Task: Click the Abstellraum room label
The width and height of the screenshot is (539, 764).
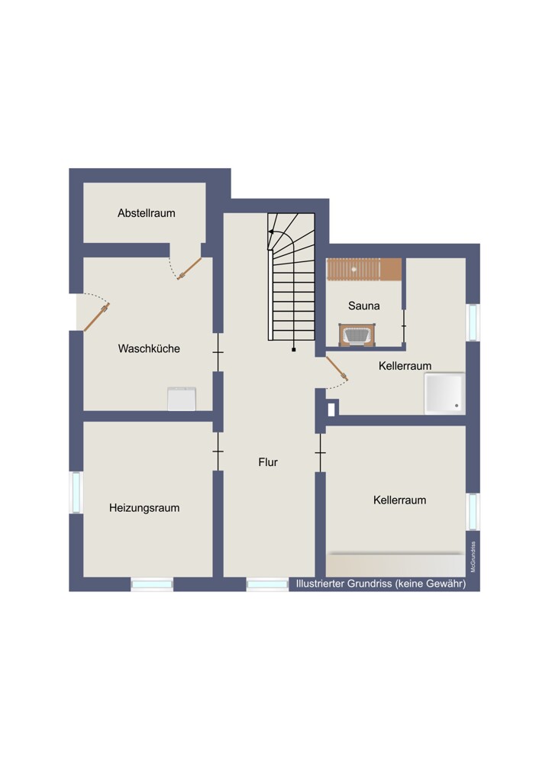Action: click(x=146, y=213)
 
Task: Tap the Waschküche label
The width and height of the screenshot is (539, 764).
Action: click(x=149, y=348)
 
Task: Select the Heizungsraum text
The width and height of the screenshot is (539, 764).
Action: click(x=144, y=508)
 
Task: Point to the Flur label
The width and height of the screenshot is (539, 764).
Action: click(x=268, y=462)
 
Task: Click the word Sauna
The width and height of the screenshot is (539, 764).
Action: click(x=363, y=306)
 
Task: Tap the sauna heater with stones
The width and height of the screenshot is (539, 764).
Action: click(x=358, y=335)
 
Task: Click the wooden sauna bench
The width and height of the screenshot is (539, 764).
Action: click(x=364, y=270)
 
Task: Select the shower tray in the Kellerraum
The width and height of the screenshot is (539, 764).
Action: click(x=444, y=393)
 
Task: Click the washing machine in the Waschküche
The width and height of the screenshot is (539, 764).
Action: click(x=182, y=399)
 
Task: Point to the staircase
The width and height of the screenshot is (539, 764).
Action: click(x=291, y=277)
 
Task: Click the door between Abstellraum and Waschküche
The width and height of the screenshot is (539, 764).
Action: click(x=189, y=268)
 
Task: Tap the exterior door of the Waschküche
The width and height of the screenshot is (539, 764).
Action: click(x=96, y=317)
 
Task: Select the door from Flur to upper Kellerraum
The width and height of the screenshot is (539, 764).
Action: click(x=337, y=368)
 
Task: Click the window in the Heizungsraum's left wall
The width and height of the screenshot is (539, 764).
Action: click(x=76, y=492)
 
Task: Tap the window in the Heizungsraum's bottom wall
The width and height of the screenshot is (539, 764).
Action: click(x=152, y=584)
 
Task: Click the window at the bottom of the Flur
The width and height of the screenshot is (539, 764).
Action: click(x=267, y=584)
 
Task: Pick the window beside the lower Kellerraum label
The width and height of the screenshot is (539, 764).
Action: click(x=473, y=511)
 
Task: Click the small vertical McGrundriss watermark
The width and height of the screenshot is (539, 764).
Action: click(x=473, y=557)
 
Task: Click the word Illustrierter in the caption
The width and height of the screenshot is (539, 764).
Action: click(x=320, y=583)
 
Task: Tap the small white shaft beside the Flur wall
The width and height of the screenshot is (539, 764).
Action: click(x=331, y=410)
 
